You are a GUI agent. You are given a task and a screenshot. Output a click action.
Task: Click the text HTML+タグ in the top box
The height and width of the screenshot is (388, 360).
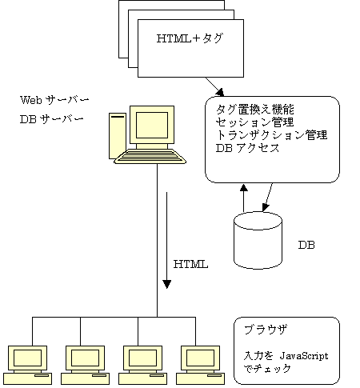(x=190, y=38)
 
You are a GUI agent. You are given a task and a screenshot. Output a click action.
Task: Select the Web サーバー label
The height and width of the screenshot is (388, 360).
(x=54, y=100)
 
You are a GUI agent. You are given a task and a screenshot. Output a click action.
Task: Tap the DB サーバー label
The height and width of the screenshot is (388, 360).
(x=52, y=119)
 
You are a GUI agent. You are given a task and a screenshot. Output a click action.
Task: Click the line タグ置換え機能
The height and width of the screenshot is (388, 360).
(x=255, y=110)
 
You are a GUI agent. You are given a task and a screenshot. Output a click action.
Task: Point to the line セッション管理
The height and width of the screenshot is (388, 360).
(x=254, y=122)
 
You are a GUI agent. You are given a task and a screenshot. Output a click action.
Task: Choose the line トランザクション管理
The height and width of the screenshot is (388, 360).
(x=271, y=135)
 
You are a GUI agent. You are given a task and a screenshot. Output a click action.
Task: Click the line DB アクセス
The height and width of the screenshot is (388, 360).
(x=247, y=148)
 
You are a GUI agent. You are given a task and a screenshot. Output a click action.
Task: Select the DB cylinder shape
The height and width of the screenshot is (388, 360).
(x=258, y=240)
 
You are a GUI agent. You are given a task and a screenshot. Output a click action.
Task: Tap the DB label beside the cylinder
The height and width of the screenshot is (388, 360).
(x=306, y=245)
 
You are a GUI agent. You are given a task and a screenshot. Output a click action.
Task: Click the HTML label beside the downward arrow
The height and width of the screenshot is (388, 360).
(x=190, y=264)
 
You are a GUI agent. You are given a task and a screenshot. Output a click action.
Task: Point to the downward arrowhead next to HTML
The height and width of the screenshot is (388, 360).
(x=167, y=284)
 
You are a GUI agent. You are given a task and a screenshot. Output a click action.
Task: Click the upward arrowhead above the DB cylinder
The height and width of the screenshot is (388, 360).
(x=243, y=187)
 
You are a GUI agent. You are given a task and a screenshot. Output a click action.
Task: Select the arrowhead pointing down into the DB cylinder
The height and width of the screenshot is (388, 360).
(x=265, y=208)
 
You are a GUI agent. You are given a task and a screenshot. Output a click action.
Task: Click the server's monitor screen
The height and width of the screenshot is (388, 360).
(x=152, y=125)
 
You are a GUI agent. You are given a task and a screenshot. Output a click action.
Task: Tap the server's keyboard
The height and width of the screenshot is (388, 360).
(x=150, y=156)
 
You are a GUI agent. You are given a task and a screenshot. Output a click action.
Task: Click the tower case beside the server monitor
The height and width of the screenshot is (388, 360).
(x=118, y=136)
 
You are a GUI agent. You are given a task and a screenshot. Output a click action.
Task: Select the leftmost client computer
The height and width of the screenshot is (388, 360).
(x=27, y=365)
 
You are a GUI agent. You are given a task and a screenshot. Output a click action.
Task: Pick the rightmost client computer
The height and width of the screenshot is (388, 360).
(x=200, y=365)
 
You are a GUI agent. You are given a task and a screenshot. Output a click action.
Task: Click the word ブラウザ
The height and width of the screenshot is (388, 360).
(x=266, y=330)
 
